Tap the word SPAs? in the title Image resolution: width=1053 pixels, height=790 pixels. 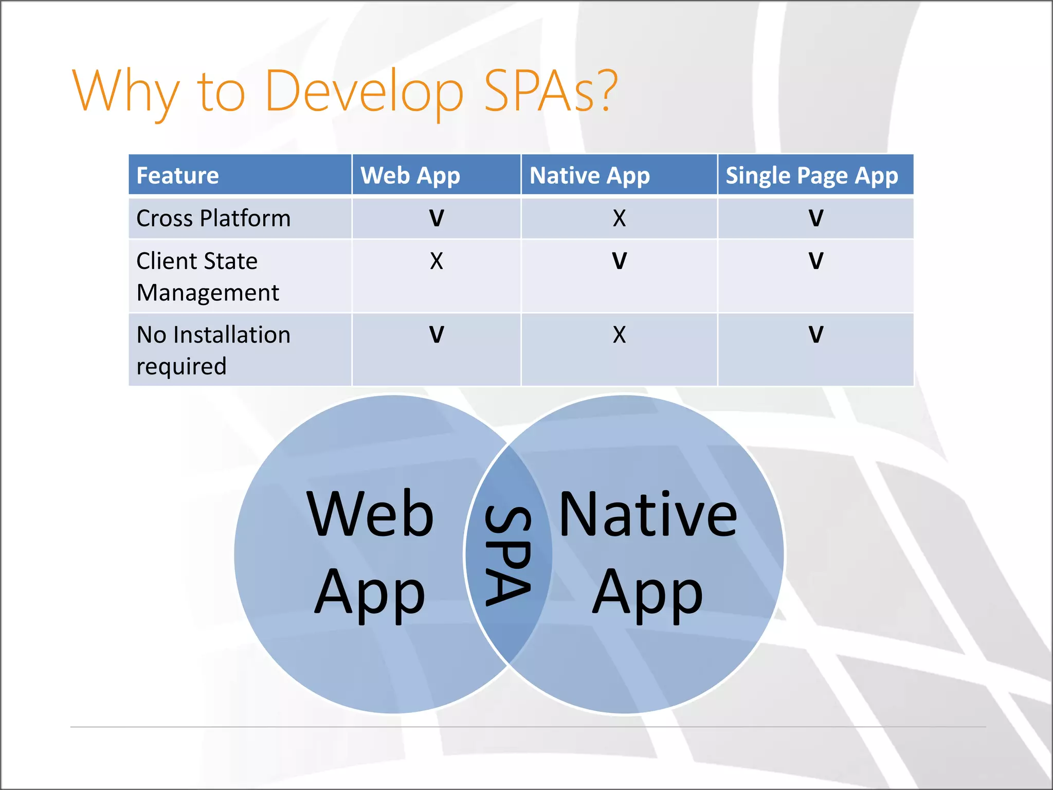pyautogui.click(x=550, y=92)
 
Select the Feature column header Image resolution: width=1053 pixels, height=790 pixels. pyautogui.click(x=178, y=175)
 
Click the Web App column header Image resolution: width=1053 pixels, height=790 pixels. pyautogui.click(x=410, y=175)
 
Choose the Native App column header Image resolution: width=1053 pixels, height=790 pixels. pyautogui.click(x=590, y=175)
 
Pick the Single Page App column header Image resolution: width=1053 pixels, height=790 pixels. pyautogui.click(x=811, y=175)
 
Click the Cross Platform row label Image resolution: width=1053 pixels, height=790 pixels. pyautogui.click(x=213, y=218)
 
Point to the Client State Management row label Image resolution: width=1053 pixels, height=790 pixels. pyautogui.click(x=207, y=276)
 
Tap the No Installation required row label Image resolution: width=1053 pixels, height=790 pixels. pyautogui.click(x=213, y=350)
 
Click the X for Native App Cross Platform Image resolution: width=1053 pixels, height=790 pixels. pyautogui.click(x=619, y=218)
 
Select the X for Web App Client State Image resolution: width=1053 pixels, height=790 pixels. pyautogui.click(x=436, y=261)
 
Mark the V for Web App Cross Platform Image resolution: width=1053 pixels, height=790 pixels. pyautogui.click(x=436, y=218)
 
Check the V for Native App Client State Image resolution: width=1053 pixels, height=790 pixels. pyautogui.click(x=619, y=261)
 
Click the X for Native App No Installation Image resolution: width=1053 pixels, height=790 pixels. pyautogui.click(x=619, y=335)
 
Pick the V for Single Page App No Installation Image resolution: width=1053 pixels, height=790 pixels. pyautogui.click(x=815, y=335)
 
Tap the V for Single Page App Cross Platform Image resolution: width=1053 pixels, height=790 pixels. pyautogui.click(x=815, y=218)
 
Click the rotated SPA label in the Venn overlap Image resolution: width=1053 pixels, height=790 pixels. pyautogui.click(x=508, y=555)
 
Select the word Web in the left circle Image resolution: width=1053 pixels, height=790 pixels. pyautogui.click(x=370, y=514)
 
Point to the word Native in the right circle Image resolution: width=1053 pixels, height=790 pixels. pyautogui.click(x=648, y=514)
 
